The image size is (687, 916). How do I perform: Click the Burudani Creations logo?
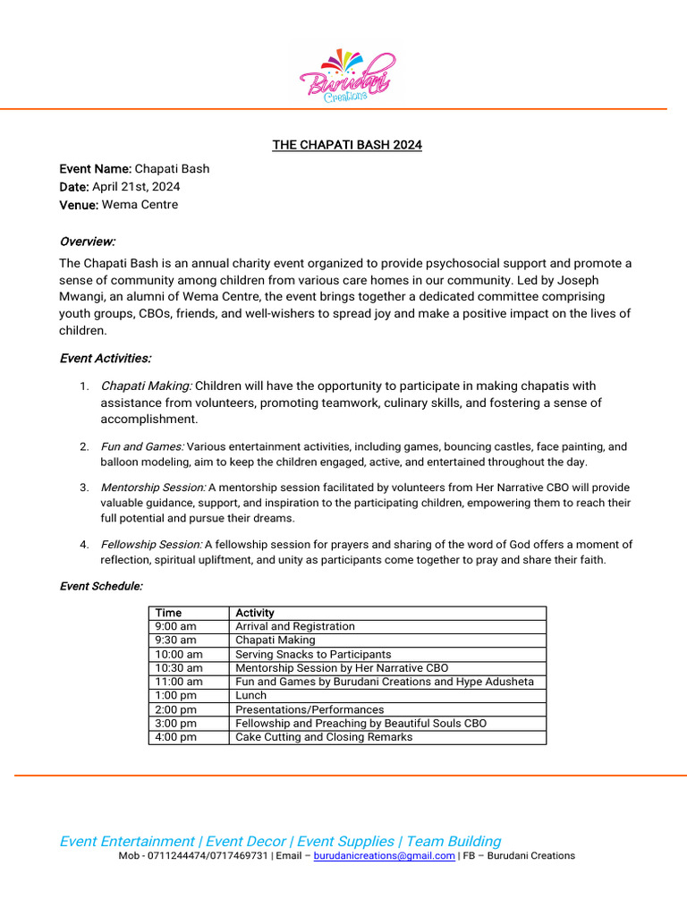tap(346, 76)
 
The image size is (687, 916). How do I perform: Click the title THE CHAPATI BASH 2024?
tap(347, 145)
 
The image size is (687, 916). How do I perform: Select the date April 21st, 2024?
tap(136, 186)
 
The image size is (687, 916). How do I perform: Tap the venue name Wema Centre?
tap(140, 204)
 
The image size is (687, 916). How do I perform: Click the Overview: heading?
tap(87, 242)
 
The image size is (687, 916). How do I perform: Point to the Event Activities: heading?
tap(105, 358)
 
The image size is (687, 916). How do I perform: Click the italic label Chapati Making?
tap(146, 386)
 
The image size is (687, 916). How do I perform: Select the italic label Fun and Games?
tap(142, 446)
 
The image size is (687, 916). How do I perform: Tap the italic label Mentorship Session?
tap(153, 488)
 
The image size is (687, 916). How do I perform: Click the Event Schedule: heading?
tap(101, 586)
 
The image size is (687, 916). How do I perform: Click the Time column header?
tap(168, 613)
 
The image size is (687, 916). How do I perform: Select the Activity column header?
tap(255, 613)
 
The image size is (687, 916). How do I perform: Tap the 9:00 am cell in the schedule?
tap(175, 626)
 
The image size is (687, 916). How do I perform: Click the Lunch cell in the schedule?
tap(251, 695)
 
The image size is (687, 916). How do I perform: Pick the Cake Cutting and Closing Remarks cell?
tap(324, 737)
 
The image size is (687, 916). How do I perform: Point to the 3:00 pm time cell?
tap(175, 723)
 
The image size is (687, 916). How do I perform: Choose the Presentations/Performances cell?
tap(310, 709)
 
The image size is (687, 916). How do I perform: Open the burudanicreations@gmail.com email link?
tap(384, 856)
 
